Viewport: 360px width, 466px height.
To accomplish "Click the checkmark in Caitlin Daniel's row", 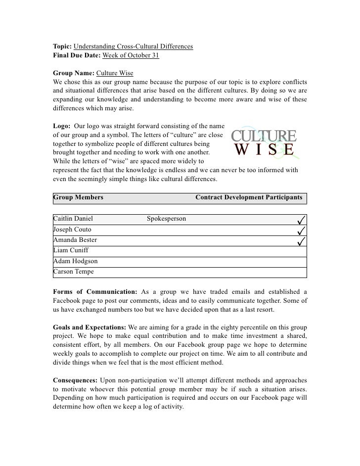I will pyautogui.click(x=301, y=219).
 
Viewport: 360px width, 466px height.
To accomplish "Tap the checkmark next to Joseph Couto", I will pyautogui.click(x=301, y=230).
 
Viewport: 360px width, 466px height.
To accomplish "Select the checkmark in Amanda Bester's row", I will pyautogui.click(x=301, y=240).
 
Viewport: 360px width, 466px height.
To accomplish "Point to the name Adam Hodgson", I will pyautogui.click(x=75, y=261).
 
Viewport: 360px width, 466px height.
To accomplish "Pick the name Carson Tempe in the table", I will pyautogui.click(x=73, y=272).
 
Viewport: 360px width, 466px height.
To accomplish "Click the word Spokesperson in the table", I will pyautogui.click(x=167, y=219).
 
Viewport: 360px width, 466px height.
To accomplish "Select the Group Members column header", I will pyautogui.click(x=78, y=197).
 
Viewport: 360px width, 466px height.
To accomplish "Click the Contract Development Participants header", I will pyautogui.click(x=249, y=197).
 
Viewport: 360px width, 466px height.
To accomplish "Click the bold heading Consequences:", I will pyautogui.click(x=75, y=381).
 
